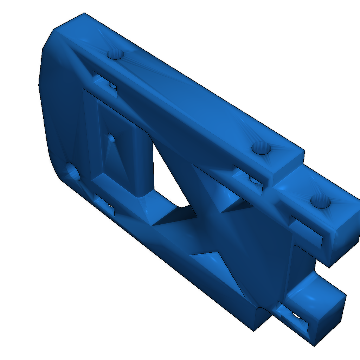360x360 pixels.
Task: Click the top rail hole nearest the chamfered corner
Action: tap(115, 54)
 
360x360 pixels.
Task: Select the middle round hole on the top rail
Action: tap(261, 149)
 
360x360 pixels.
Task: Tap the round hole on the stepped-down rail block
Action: tap(320, 202)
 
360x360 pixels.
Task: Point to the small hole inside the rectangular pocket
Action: tap(111, 137)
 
